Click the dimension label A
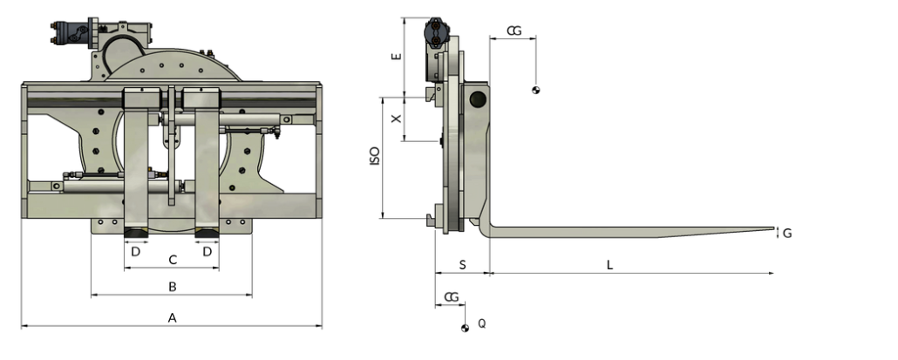[x=173, y=318]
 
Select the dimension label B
[x=173, y=286]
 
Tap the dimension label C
[x=173, y=259]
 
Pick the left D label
[x=135, y=251]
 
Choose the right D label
[x=207, y=251]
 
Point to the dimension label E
[x=397, y=56]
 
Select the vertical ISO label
[x=375, y=158]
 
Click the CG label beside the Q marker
[x=452, y=297]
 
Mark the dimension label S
[x=462, y=264]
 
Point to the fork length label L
[x=609, y=264]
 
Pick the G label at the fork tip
[x=786, y=233]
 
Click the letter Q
[x=481, y=324]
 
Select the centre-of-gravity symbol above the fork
[x=536, y=91]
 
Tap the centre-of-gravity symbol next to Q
[x=466, y=328]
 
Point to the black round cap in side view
[x=477, y=99]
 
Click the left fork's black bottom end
[x=136, y=232]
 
